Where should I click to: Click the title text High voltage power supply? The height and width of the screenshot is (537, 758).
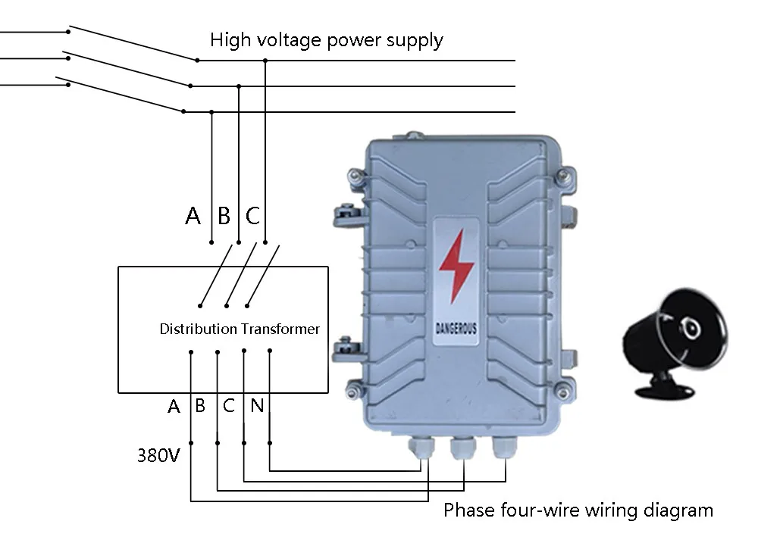(326, 40)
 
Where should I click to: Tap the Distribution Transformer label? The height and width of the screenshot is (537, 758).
(240, 329)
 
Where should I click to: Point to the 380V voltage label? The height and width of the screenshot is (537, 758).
(158, 456)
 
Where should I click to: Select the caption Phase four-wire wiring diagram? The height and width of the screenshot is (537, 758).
(578, 510)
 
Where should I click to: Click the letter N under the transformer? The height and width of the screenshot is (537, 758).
(257, 406)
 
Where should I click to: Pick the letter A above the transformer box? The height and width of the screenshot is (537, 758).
(193, 217)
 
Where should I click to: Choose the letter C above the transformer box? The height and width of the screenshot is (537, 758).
(252, 217)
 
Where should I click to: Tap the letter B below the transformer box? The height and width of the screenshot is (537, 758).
(200, 406)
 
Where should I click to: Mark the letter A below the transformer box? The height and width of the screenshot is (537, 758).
(174, 407)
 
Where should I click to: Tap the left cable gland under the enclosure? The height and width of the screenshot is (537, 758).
(421, 449)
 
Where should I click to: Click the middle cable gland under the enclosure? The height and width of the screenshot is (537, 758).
(462, 449)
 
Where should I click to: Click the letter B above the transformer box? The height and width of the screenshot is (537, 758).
(224, 217)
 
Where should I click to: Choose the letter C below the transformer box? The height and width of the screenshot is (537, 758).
(229, 406)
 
